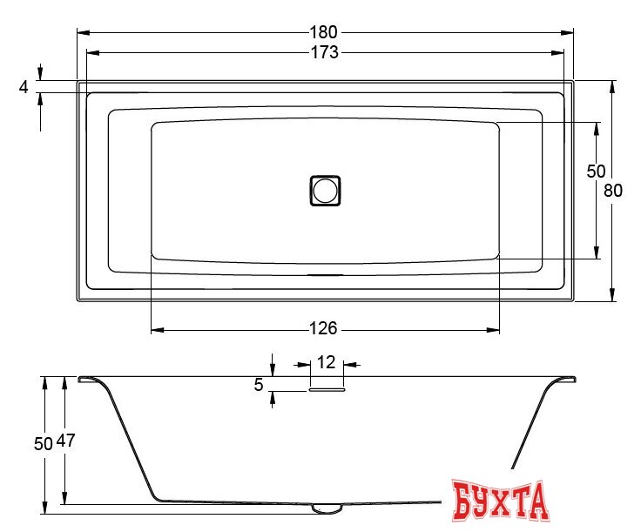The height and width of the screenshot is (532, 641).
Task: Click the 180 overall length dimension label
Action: tap(326, 32)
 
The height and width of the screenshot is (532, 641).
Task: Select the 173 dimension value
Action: tap(326, 52)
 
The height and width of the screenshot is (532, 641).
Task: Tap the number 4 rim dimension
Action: tap(24, 86)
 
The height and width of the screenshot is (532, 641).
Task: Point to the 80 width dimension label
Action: tap(614, 191)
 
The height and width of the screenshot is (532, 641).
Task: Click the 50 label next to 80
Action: tap(596, 172)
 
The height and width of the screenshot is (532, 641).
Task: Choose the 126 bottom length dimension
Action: tap(323, 329)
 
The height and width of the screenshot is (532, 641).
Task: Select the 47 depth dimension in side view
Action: tap(65, 441)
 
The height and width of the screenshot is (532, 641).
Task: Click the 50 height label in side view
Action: tap(44, 441)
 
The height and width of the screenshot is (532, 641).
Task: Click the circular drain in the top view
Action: tap(325, 190)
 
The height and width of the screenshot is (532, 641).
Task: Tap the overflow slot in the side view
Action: tap(326, 390)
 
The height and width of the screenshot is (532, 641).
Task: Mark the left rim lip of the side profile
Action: tap(88, 379)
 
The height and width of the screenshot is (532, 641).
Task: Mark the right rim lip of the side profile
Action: tap(565, 379)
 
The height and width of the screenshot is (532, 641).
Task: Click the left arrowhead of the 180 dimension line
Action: tap(82, 32)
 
